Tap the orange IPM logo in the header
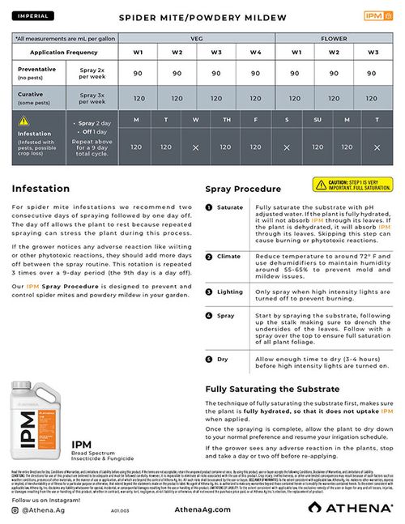point(373,15)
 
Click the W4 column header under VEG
point(256,53)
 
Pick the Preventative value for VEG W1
point(139,74)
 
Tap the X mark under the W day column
point(195,147)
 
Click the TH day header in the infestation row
point(226,120)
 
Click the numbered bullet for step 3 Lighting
point(209,292)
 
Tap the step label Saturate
point(230,207)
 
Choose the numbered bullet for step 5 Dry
point(209,358)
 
